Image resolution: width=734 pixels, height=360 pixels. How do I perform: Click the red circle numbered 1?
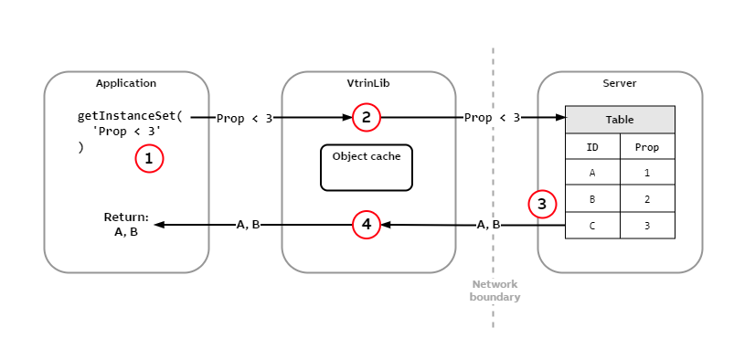(149, 159)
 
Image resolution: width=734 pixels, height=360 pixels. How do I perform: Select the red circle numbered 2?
(366, 117)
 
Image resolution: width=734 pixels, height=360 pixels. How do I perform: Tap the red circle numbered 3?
(542, 204)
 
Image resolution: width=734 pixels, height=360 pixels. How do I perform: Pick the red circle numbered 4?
(366, 224)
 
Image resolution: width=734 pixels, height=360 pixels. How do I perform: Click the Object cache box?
(366, 167)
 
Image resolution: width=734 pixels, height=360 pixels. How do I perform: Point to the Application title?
(126, 83)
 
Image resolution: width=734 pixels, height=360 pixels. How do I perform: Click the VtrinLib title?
(367, 83)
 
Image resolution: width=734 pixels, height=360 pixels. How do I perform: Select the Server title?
(620, 83)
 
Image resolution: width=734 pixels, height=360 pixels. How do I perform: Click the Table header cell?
(620, 120)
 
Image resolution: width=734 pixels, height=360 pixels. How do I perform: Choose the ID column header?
(592, 146)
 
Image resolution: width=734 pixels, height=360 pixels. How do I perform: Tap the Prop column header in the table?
(647, 146)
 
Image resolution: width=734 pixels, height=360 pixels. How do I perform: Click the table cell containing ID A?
(592, 173)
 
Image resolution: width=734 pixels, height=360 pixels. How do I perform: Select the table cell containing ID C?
(592, 225)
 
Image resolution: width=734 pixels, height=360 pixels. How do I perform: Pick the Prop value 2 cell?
(647, 198)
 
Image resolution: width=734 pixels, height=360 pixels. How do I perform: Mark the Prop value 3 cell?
(647, 225)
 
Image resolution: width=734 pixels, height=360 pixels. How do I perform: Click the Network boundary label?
(495, 291)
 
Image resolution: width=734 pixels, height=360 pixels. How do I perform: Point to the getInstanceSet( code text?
(130, 117)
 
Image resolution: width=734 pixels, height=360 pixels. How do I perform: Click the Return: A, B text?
(126, 225)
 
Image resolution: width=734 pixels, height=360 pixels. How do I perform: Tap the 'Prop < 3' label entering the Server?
(492, 118)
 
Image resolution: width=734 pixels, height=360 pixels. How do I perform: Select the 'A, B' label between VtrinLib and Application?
(249, 225)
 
